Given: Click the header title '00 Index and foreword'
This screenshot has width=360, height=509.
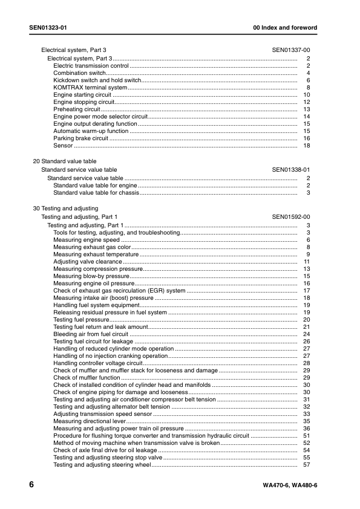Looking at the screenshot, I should tap(286, 28).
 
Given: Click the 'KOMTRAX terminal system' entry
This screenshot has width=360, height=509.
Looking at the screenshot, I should tap(90, 88).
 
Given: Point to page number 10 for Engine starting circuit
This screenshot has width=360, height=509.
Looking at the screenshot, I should tap(307, 95).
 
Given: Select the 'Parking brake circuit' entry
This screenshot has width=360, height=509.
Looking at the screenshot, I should tap(80, 138).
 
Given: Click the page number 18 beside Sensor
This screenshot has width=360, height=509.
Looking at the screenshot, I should tap(307, 146).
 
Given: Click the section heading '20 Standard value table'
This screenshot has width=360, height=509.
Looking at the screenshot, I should tap(64, 162).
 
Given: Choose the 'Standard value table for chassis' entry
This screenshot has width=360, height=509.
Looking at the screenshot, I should tap(96, 193).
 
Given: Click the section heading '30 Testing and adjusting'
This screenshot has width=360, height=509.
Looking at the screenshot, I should tap(65, 209).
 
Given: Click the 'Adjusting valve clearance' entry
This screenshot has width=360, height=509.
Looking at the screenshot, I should tap(88, 261).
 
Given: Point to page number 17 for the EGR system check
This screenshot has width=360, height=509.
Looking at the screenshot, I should tap(307, 291).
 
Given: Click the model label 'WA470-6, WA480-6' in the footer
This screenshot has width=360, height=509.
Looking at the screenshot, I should tap(290, 487).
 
